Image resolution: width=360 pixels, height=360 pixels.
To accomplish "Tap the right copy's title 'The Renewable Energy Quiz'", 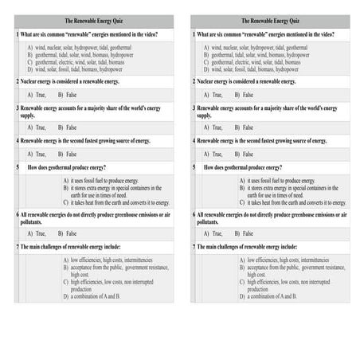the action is click(x=270, y=21).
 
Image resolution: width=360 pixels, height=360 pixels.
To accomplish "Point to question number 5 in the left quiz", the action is click(x=18, y=167).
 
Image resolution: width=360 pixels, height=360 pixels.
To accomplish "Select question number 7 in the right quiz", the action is click(x=194, y=247).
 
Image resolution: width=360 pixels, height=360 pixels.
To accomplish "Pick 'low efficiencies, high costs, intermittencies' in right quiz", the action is click(x=275, y=260).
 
